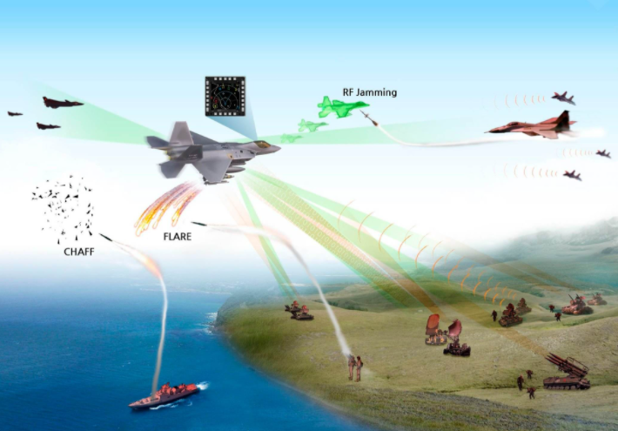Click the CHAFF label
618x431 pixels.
pyautogui.click(x=79, y=252)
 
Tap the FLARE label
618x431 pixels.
pyautogui.click(x=178, y=237)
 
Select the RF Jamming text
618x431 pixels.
pyautogui.click(x=370, y=92)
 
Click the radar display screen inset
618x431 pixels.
pyautogui.click(x=225, y=97)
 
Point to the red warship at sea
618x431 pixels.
pyautogui.click(x=164, y=394)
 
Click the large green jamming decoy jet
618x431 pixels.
pyautogui.click(x=342, y=107)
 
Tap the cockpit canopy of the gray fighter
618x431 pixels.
pyautogui.click(x=263, y=145)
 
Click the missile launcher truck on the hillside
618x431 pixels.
pyautogui.click(x=567, y=372)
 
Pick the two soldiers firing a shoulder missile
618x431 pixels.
pyautogui.click(x=355, y=368)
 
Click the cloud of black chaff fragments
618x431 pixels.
pyautogui.click(x=63, y=209)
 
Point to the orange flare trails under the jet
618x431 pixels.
pyautogui.click(x=167, y=208)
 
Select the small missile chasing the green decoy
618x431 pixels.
pyautogui.click(x=369, y=118)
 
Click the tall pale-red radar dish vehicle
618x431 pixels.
pyautogui.click(x=435, y=330)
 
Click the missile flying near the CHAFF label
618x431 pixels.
pyautogui.click(x=105, y=237)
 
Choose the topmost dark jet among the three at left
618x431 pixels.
pyautogui.click(x=63, y=103)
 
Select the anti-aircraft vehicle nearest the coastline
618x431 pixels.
pyautogui.click(x=299, y=311)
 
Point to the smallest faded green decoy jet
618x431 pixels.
pyautogui.click(x=291, y=138)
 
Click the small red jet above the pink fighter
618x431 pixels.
pyautogui.click(x=564, y=98)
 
